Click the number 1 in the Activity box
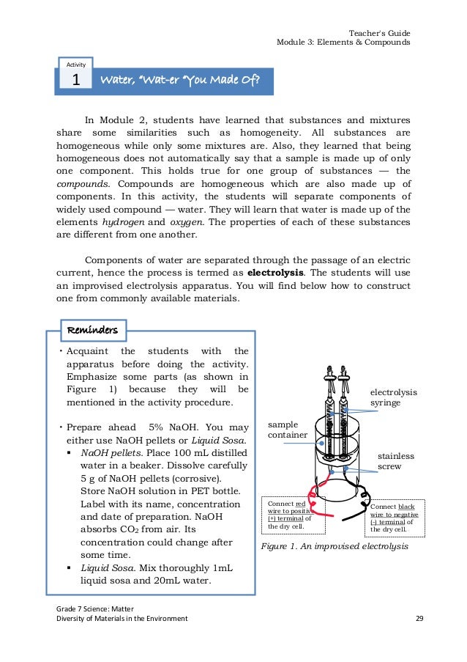pos(75,81)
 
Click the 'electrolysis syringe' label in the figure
pos(393,397)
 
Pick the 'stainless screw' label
pos(396,460)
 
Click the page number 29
pos(419,618)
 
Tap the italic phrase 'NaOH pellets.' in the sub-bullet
pos(111,453)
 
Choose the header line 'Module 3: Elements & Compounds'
pos(343,43)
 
